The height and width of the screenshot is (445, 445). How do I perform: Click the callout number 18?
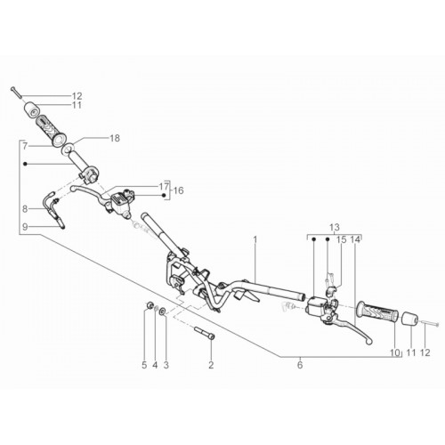click(x=114, y=138)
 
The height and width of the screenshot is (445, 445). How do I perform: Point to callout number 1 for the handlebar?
click(x=255, y=239)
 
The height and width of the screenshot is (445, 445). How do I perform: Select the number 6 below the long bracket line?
click(x=300, y=365)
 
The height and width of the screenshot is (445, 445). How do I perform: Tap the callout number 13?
click(x=335, y=228)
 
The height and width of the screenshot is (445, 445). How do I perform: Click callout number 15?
click(x=342, y=239)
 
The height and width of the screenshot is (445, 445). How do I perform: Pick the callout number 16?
click(x=179, y=190)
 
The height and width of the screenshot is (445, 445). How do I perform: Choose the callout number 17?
click(x=164, y=187)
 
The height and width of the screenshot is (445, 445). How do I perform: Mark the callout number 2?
click(x=211, y=365)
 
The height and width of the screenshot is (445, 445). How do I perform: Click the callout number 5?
click(x=144, y=365)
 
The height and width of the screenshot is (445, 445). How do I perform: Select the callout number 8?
click(x=25, y=209)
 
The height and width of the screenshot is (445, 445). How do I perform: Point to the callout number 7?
click(x=25, y=146)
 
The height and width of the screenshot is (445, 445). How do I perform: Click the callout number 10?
click(x=395, y=352)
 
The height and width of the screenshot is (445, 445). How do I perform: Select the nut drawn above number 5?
click(x=150, y=304)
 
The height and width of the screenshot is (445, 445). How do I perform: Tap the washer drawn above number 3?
click(x=163, y=311)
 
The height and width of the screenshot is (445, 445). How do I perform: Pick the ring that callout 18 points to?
click(x=68, y=149)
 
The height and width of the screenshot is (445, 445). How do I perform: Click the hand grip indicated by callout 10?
click(x=377, y=313)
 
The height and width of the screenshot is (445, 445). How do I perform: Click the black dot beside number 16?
click(x=164, y=195)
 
